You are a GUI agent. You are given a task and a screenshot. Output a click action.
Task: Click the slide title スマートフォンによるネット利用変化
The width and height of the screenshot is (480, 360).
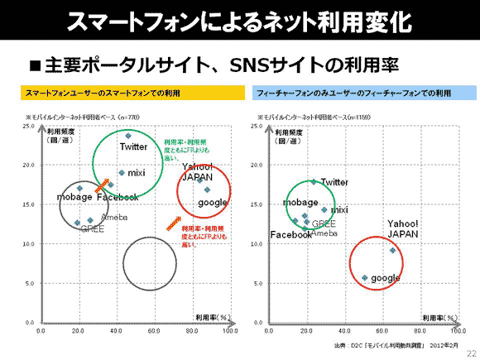[x=239, y=21]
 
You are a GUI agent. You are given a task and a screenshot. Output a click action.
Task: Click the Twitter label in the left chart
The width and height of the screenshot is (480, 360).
[x=133, y=146]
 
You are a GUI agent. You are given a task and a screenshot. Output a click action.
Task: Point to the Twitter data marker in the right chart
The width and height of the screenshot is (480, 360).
[x=313, y=181]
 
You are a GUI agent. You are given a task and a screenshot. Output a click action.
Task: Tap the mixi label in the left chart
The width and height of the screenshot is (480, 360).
[x=137, y=173]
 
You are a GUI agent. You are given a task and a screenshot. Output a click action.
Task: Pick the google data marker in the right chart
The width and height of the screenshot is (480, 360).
[x=364, y=278]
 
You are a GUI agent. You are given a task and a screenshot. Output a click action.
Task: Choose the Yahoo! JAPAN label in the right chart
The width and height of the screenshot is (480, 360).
[x=405, y=229]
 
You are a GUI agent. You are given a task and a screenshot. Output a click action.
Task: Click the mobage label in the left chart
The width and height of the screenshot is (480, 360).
[x=74, y=197]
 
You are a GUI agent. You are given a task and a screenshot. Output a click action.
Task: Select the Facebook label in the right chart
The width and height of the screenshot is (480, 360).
[x=291, y=235]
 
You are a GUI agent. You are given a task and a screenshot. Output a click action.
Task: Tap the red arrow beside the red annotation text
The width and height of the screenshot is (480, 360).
[x=171, y=223]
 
